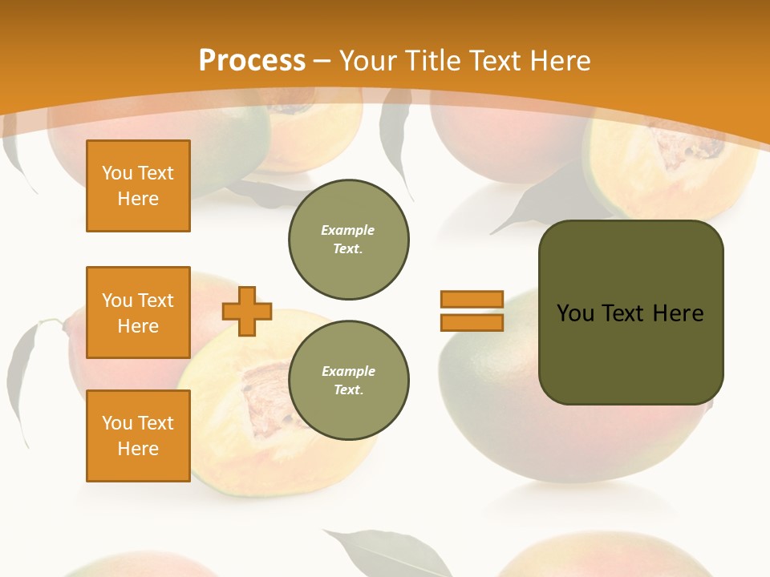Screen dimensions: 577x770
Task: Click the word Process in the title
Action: pyautogui.click(x=252, y=60)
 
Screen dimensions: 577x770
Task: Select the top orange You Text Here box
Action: pyautogui.click(x=138, y=186)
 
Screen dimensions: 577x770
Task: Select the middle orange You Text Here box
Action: pyautogui.click(x=138, y=313)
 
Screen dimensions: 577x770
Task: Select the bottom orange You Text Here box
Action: pyautogui.click(x=138, y=436)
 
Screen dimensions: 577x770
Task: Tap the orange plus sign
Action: pyautogui.click(x=247, y=311)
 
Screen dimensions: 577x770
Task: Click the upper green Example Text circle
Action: pyautogui.click(x=348, y=240)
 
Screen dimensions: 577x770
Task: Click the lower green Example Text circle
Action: pyautogui.click(x=348, y=381)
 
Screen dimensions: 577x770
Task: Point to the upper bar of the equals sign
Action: pyautogui.click(x=472, y=300)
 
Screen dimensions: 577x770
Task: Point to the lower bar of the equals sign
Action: pyautogui.click(x=472, y=323)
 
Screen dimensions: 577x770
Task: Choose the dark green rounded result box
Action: pyautogui.click(x=630, y=353)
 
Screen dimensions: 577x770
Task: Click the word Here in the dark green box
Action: pyautogui.click(x=678, y=313)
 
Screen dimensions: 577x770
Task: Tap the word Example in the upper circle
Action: pyautogui.click(x=348, y=230)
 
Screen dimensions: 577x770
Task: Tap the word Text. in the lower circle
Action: pyautogui.click(x=348, y=390)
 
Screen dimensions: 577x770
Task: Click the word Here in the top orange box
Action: pyautogui.click(x=138, y=199)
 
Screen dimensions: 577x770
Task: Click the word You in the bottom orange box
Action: pyautogui.click(x=117, y=423)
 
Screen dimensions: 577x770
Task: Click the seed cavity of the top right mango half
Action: pyautogui.click(x=682, y=148)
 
